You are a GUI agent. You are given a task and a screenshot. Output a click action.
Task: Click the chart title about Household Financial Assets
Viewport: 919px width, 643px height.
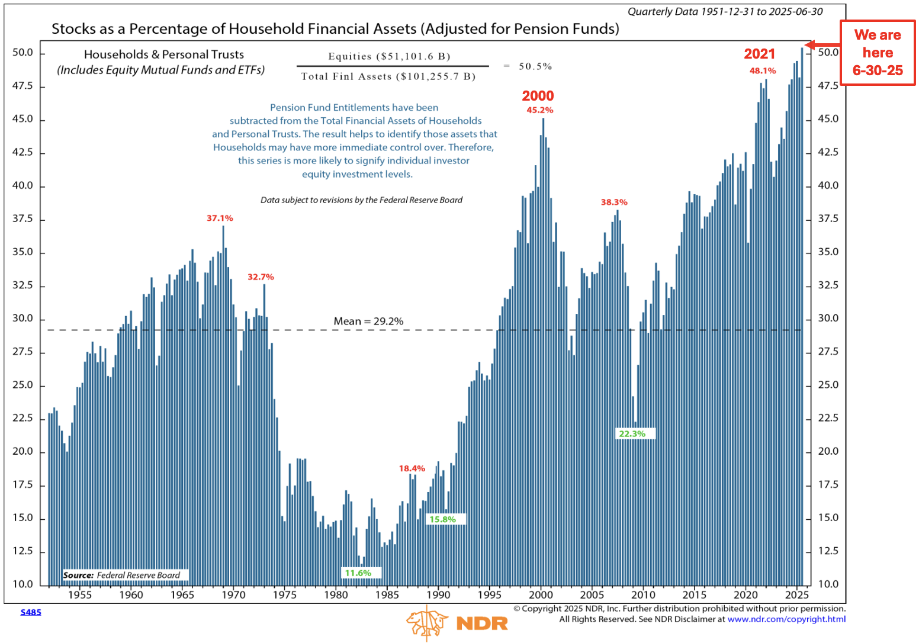(335, 29)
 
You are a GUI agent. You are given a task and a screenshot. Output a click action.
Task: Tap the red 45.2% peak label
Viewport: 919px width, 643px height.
(539, 110)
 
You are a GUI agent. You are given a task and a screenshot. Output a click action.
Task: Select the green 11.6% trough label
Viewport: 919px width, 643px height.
(358, 573)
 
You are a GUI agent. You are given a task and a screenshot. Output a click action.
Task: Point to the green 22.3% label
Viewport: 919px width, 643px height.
(632, 433)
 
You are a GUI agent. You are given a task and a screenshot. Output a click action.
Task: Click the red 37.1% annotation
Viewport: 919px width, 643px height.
(220, 218)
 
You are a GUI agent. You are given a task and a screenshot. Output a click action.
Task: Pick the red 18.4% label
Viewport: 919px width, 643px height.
(412, 468)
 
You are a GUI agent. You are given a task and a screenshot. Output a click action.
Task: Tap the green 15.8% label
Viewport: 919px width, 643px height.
(442, 519)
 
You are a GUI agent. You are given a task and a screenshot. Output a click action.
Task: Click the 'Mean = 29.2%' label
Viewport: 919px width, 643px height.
(368, 321)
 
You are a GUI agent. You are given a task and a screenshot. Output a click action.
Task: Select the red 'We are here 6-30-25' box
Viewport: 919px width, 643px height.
(878, 53)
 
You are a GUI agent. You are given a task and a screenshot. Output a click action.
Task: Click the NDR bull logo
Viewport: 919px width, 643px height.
(426, 622)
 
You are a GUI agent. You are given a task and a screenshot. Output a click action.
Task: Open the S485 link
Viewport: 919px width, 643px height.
(31, 612)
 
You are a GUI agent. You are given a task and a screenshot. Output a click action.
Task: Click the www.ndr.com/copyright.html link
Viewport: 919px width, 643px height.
(786, 619)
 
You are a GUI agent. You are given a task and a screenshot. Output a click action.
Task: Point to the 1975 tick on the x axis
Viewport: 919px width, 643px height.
(285, 595)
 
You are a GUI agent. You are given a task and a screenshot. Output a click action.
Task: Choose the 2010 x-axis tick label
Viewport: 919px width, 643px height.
(643, 595)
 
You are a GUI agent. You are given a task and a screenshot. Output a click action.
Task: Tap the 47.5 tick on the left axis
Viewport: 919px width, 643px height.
(23, 86)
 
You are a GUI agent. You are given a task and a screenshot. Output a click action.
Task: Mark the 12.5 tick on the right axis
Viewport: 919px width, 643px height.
(828, 551)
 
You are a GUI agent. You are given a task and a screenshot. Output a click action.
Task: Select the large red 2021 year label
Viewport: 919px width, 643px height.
(759, 54)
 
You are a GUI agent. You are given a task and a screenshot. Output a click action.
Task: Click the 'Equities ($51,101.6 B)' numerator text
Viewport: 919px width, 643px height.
(389, 56)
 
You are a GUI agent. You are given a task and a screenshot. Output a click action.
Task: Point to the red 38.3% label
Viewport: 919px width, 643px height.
(614, 202)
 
